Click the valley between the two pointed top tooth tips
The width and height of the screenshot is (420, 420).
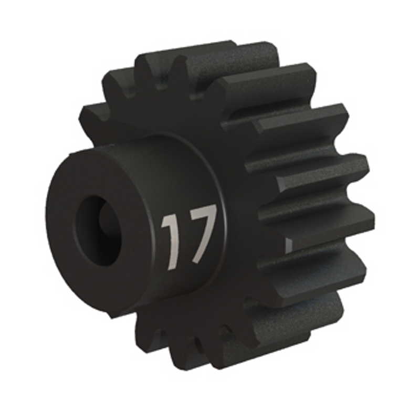click(161, 78)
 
